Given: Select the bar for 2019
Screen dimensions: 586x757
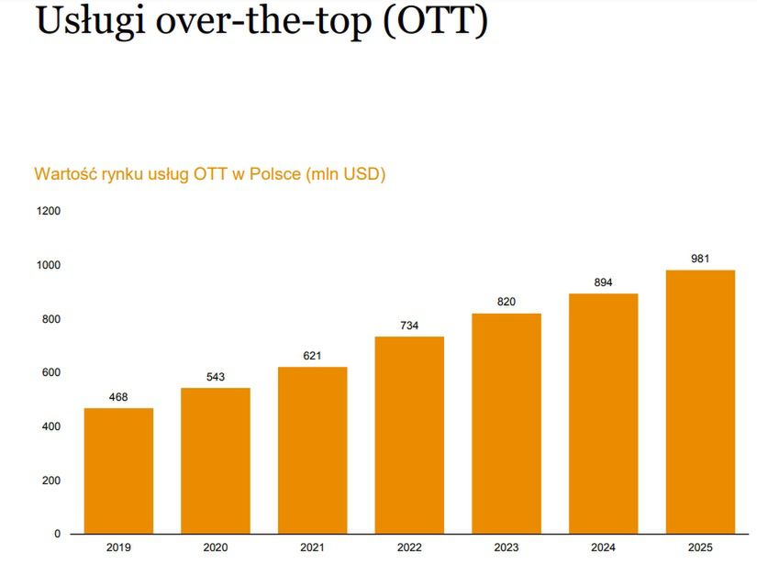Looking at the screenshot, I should point(118,470).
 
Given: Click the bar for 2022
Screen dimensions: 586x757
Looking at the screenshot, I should point(409,435).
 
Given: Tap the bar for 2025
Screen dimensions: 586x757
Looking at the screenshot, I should point(700,402).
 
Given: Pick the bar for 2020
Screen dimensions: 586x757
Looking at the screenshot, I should point(216,460).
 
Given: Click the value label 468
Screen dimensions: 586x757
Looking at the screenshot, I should point(118,397).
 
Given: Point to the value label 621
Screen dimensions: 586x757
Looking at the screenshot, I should point(312,356).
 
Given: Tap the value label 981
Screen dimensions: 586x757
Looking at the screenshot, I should point(700,259).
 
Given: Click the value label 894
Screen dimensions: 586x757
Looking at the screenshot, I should point(603,282).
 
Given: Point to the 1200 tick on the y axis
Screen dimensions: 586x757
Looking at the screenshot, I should point(49,211).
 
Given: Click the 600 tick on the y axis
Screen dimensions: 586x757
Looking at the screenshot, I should point(51,372).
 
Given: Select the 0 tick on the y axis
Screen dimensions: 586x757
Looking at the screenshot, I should point(57,534).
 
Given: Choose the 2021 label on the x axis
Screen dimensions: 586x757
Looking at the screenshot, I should point(312,548).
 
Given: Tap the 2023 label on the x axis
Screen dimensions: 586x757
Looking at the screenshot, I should point(507,548).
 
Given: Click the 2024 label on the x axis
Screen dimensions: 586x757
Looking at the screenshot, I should point(603,548).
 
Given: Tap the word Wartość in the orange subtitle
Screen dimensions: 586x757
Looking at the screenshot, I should point(61,174).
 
